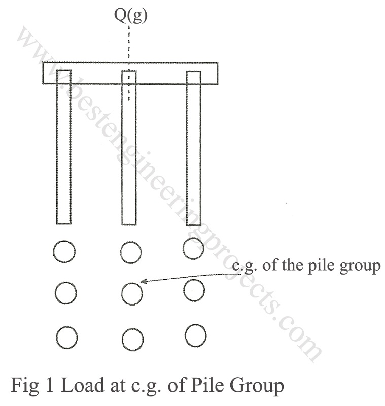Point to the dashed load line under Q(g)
[129, 51]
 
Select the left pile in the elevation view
[63, 152]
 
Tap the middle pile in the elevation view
[129, 152]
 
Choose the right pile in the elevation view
[194, 152]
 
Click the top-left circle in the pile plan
[64, 251]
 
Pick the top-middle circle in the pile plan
[131, 251]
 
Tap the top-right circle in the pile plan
[193, 248]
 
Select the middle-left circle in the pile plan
[65, 292]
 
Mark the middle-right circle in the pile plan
[194, 290]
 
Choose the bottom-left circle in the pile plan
[66, 337]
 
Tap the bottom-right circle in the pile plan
[195, 335]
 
